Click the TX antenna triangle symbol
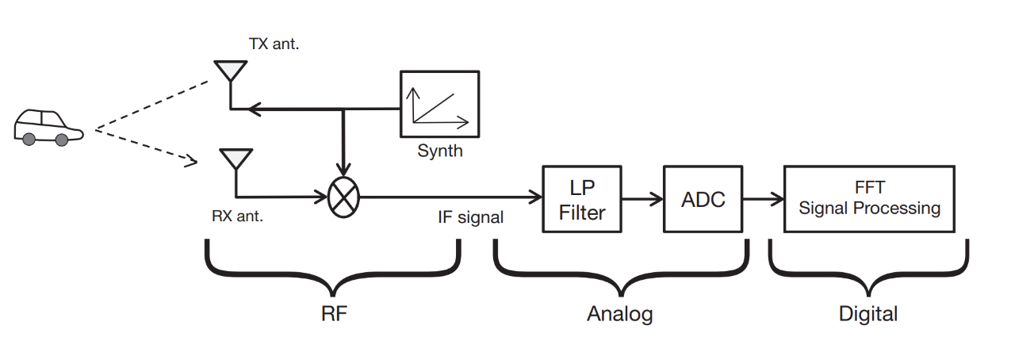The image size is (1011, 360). [x=230, y=71]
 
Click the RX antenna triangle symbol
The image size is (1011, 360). [x=235, y=158]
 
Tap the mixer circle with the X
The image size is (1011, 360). [x=343, y=196]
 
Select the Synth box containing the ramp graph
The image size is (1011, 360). [x=439, y=103]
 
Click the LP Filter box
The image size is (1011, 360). [x=581, y=198]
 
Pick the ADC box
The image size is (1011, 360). [x=703, y=198]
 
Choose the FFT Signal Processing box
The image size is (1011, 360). [x=869, y=198]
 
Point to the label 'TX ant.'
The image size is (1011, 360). [x=274, y=44]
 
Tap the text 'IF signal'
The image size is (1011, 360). [x=470, y=217]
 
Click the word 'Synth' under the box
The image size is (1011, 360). [x=439, y=150]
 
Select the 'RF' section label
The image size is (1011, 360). [x=334, y=313]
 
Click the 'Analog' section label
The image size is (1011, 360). [x=619, y=314]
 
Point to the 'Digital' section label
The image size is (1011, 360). [x=868, y=314]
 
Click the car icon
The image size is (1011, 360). [x=48, y=127]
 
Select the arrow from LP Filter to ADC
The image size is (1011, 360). [x=641, y=198]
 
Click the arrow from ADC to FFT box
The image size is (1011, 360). [x=762, y=198]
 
